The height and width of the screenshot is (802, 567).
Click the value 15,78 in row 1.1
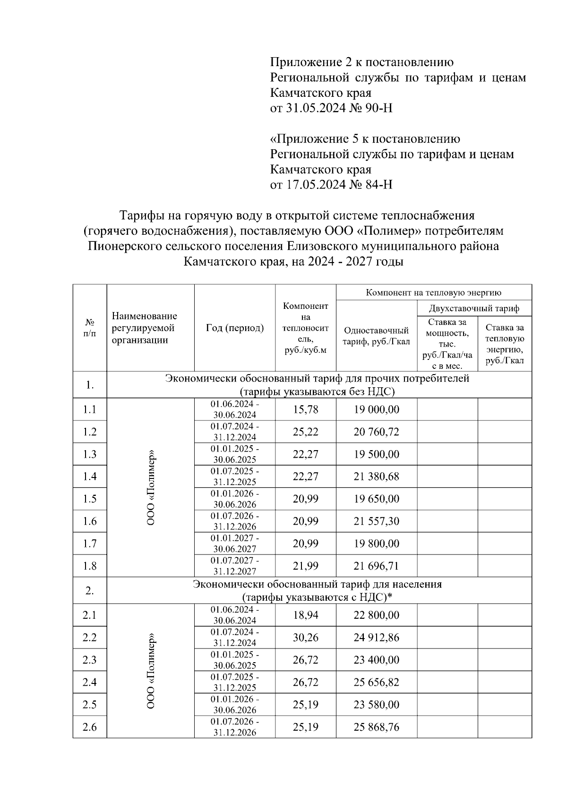(x=305, y=410)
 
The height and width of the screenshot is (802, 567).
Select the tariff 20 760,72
(x=376, y=432)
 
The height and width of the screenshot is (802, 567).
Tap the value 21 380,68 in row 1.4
(x=376, y=477)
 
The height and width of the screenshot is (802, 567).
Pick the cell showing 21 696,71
(x=376, y=566)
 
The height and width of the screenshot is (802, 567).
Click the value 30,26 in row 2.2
(x=305, y=638)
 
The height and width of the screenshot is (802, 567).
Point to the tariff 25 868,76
(x=376, y=727)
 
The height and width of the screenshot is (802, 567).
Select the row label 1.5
(x=89, y=499)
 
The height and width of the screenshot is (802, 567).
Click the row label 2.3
(x=89, y=660)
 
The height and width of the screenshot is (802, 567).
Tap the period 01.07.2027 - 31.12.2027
(x=234, y=566)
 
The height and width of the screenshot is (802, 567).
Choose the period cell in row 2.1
(x=234, y=615)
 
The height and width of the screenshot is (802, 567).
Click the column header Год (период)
(x=234, y=328)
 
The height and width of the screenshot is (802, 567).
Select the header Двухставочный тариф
(x=473, y=308)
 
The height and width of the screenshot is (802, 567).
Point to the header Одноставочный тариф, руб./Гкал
(x=376, y=336)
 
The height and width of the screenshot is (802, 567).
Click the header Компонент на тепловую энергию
(x=433, y=292)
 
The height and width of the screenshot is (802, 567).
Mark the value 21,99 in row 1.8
(x=305, y=566)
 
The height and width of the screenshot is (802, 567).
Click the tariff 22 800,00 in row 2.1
(x=376, y=615)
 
